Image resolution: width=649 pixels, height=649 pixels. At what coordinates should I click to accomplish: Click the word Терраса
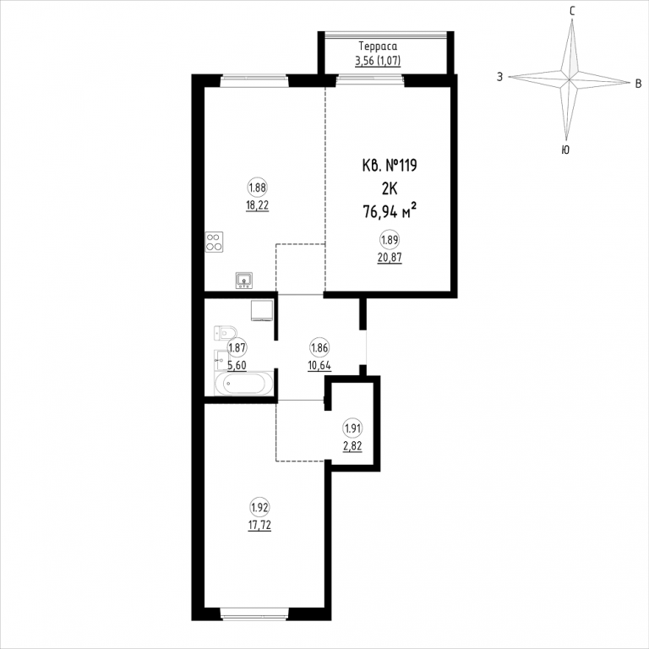[378, 46]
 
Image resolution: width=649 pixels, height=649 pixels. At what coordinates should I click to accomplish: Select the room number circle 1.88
[258, 188]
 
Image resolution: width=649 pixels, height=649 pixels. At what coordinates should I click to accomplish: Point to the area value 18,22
[258, 205]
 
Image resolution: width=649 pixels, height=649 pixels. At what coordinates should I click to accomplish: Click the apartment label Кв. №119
[390, 166]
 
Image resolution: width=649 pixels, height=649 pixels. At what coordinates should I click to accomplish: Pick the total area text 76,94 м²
[390, 211]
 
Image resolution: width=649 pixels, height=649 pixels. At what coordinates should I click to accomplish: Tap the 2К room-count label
[390, 188]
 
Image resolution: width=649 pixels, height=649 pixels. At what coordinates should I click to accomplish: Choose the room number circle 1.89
[390, 240]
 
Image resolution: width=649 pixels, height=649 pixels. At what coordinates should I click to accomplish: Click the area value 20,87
[390, 258]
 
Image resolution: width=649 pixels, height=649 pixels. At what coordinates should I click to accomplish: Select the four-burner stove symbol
[214, 243]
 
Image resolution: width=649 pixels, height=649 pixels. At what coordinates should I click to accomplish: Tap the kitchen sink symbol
[244, 281]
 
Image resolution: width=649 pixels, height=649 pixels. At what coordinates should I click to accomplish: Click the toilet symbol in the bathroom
[225, 332]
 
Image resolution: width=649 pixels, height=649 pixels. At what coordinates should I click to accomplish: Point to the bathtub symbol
[244, 384]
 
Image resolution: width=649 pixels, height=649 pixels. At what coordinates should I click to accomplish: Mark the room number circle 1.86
[319, 348]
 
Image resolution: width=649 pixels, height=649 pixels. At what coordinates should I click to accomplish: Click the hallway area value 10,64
[319, 366]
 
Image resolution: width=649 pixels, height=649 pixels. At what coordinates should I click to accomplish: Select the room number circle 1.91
[352, 428]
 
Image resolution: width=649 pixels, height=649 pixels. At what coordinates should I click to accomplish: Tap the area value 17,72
[259, 526]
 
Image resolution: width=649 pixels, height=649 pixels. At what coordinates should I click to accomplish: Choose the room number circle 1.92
[259, 507]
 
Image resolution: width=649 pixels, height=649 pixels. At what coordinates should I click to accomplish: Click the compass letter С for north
[572, 11]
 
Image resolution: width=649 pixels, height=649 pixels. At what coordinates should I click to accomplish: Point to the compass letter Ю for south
[565, 150]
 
